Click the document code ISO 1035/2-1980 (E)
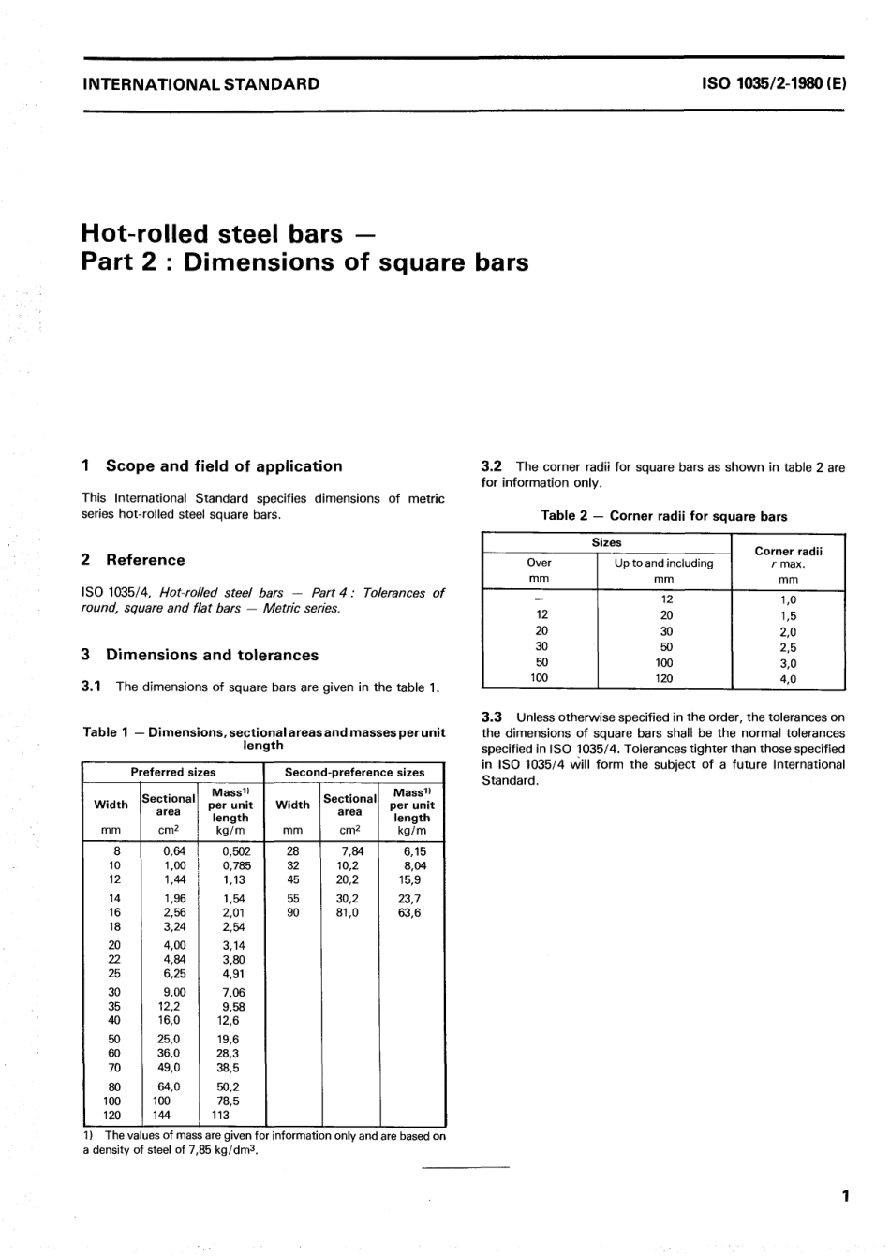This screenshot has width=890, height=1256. [773, 83]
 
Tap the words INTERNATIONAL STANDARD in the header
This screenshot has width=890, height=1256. [201, 83]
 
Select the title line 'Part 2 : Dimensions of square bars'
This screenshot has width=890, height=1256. [304, 261]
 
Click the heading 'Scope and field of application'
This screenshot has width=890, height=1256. [224, 466]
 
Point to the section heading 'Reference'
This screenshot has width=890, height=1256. [145, 560]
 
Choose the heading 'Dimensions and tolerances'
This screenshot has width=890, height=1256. [212, 655]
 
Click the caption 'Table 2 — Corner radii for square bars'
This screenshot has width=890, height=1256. [663, 516]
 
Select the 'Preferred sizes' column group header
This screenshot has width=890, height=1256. [172, 773]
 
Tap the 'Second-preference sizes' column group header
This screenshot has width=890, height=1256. [354, 773]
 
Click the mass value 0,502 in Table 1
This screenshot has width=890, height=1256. [236, 851]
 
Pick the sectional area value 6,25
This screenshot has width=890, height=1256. [174, 973]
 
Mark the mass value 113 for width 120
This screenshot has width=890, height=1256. [220, 1116]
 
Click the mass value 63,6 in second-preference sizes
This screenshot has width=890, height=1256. [409, 912]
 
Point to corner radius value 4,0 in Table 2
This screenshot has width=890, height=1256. [788, 679]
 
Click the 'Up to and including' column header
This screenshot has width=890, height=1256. [663, 563]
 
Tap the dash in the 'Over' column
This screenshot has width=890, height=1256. [539, 598]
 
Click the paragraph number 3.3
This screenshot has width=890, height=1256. [492, 717]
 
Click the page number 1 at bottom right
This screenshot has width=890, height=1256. [844, 1195]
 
